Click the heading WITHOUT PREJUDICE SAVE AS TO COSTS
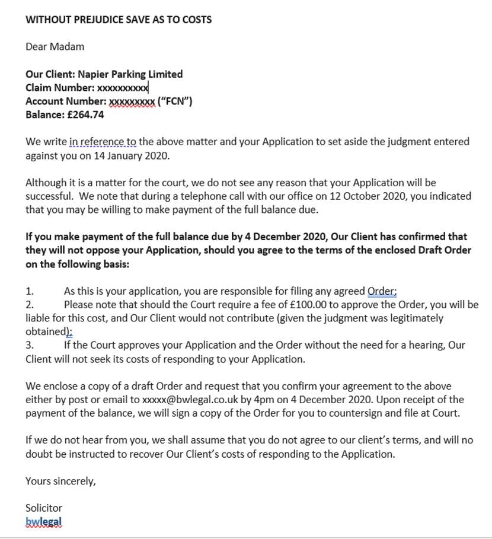pos(119,20)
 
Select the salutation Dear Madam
pos(55,47)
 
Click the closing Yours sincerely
pos(60,481)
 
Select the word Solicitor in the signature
pos(44,508)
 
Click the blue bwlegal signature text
pos(44,522)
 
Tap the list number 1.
pos(30,291)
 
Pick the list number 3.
pos(30,345)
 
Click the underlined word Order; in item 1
pos(382,291)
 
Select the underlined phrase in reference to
pos(103,142)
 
